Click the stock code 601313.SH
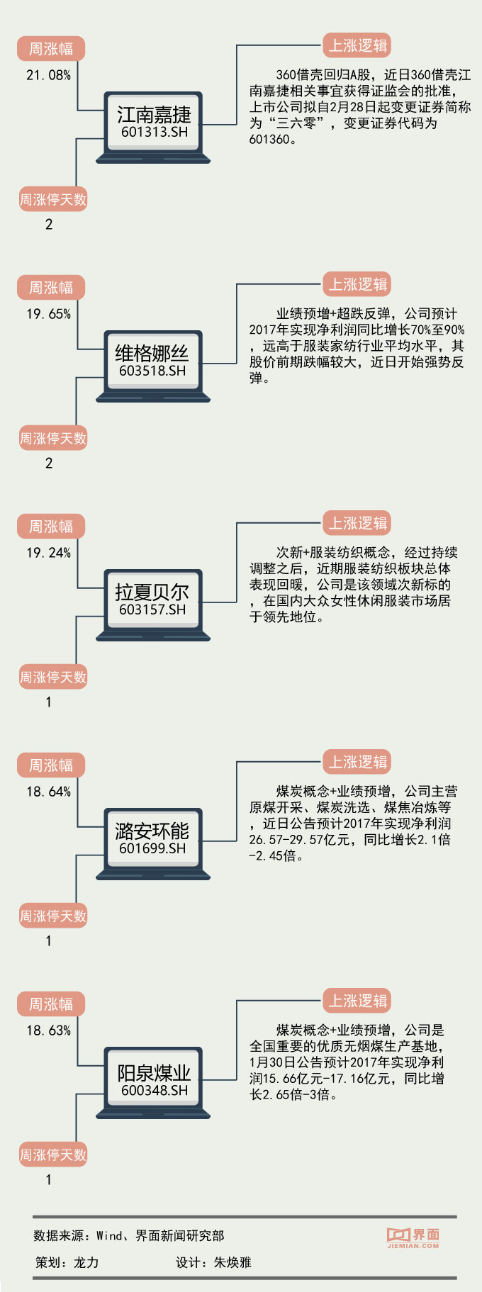point(155,133)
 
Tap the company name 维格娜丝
point(152,353)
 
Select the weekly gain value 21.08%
point(48,75)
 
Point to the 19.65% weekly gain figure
point(48,314)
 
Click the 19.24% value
point(48,553)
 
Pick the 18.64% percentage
point(48,792)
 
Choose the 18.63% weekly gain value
point(48,1030)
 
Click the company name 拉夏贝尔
point(152,592)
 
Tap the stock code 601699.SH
point(152,848)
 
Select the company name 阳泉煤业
point(154,1072)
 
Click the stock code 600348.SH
point(155,1091)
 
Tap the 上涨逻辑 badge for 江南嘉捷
point(357,46)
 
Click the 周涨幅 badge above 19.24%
point(51,527)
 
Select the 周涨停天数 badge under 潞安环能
point(53,916)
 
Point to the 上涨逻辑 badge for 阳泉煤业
point(357,1001)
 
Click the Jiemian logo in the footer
point(413,1237)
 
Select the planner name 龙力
point(86,1262)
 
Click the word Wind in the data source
point(110,1236)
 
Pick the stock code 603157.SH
point(152,610)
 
